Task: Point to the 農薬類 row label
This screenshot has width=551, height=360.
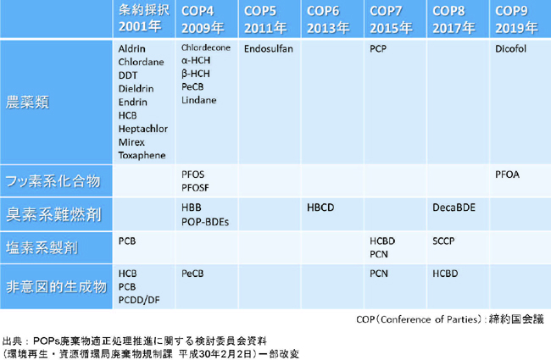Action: pos(27,102)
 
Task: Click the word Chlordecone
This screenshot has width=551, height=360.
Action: pos(206,48)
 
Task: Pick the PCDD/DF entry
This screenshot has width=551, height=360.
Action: pos(140,300)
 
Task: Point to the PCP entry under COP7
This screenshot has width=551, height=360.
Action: pos(378,49)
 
